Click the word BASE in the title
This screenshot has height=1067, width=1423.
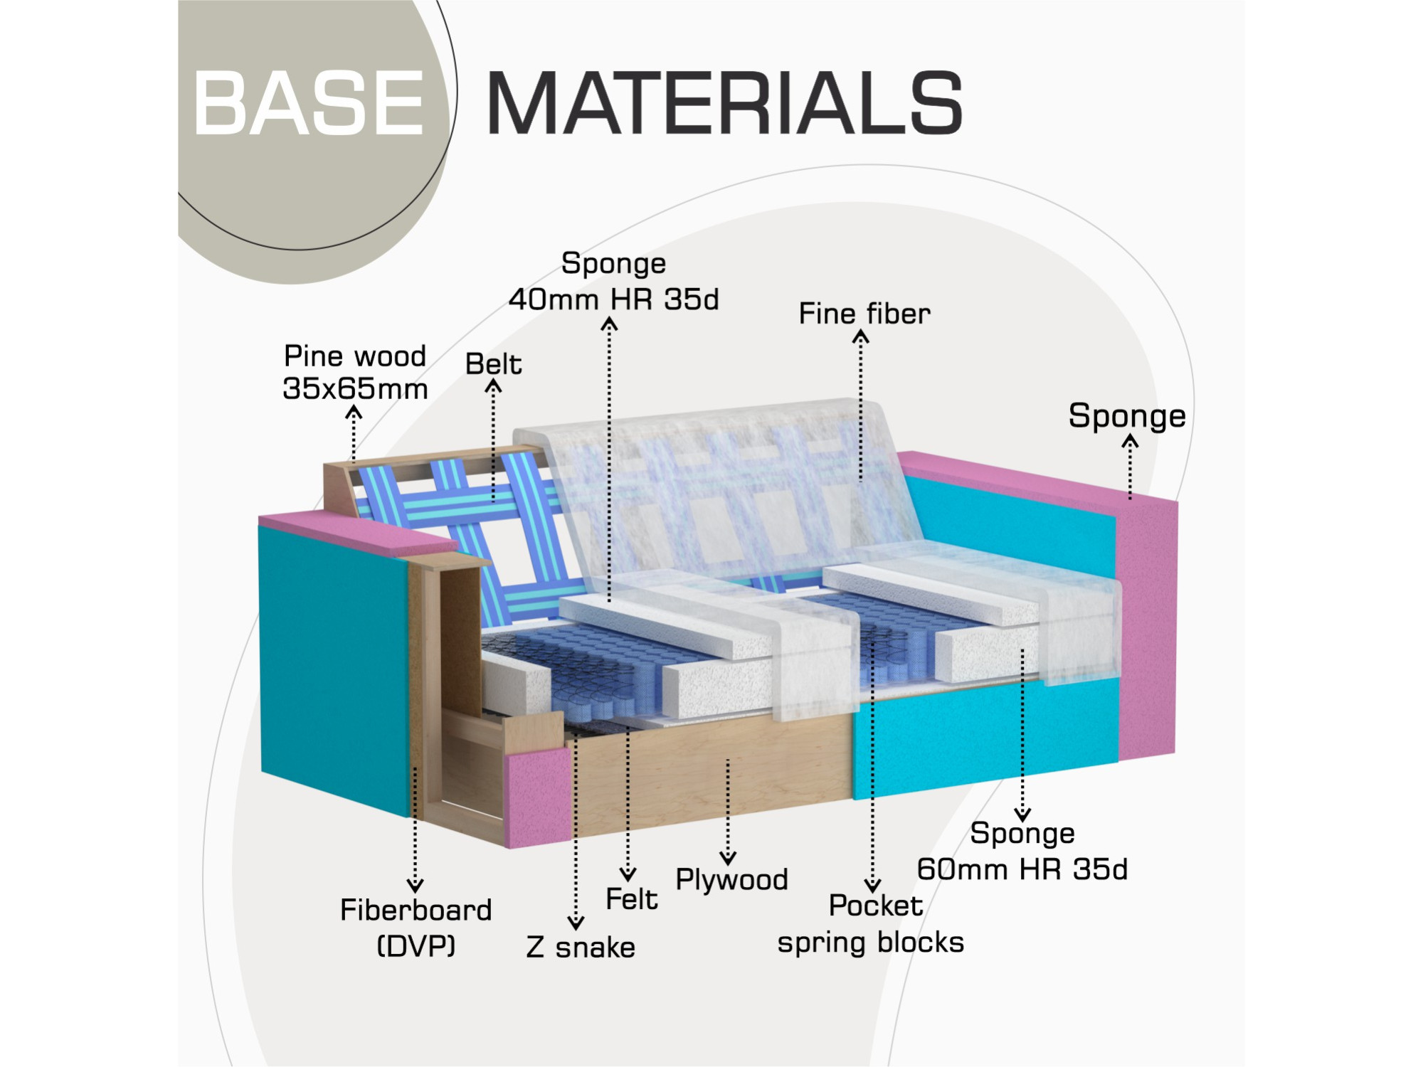click(309, 103)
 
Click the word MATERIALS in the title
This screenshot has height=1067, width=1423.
click(724, 102)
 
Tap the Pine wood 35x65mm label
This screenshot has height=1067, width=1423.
click(355, 372)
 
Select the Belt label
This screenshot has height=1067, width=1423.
click(494, 364)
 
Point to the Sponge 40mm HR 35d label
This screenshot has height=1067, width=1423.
click(613, 282)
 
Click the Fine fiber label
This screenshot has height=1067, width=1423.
click(864, 314)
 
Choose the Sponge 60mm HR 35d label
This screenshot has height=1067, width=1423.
click(1022, 851)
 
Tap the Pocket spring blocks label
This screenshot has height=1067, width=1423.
click(871, 924)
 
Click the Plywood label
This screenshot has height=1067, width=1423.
click(731, 880)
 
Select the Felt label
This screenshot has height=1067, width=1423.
click(631, 899)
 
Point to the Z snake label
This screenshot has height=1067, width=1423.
click(581, 947)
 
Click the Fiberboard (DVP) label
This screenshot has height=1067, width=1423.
click(416, 928)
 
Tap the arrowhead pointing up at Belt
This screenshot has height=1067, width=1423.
click(493, 386)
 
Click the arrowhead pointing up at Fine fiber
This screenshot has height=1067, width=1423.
click(861, 336)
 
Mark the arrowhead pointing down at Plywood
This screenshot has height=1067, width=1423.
click(728, 859)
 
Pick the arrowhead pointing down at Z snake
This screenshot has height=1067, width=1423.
click(576, 923)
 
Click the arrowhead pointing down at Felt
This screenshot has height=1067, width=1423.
click(628, 874)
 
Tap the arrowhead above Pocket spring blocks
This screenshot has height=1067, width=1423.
click(872, 886)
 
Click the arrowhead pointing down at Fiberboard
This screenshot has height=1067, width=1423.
click(416, 886)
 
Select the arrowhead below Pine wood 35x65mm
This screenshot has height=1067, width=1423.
click(354, 412)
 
